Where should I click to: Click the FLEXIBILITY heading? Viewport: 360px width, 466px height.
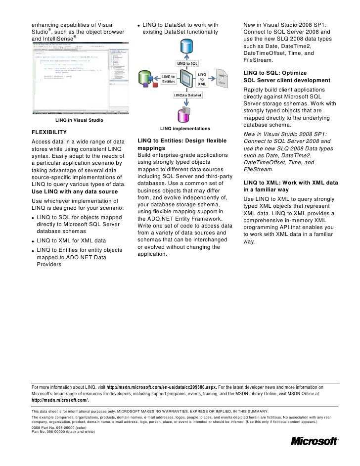tap(49, 133)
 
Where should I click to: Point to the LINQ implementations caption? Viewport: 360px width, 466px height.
tap(185, 128)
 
